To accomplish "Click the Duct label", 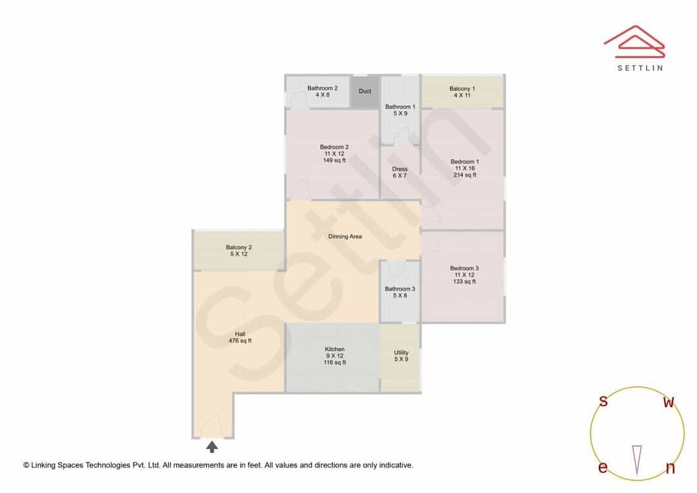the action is [365, 91].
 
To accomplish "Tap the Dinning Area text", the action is [345, 236].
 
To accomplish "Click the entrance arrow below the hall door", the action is [212, 447].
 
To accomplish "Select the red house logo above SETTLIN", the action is [634, 42].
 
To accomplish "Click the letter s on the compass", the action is [603, 401].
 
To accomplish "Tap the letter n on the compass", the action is [671, 467].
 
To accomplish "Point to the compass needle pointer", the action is [637, 461].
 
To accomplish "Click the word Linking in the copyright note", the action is [44, 465].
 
